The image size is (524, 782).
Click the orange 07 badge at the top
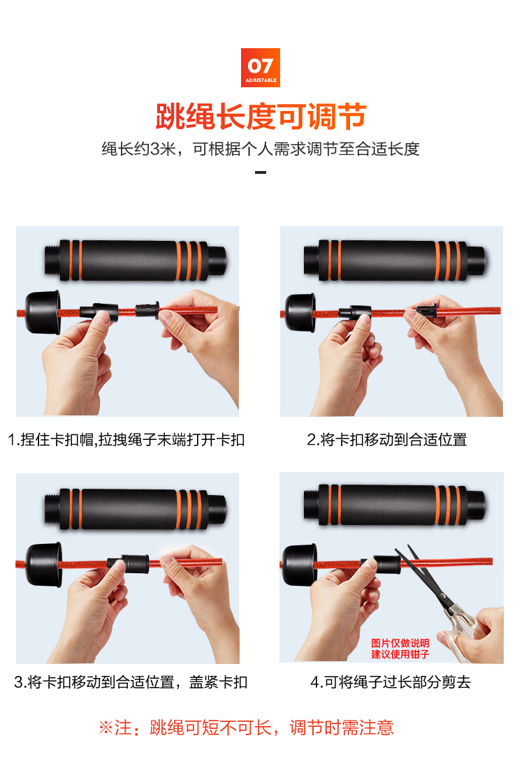click(260, 67)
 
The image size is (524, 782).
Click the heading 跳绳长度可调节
click(261, 116)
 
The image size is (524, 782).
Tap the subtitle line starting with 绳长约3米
click(261, 149)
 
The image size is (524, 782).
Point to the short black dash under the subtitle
click(261, 172)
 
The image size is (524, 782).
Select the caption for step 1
click(126, 440)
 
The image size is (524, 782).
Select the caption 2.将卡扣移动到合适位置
click(387, 440)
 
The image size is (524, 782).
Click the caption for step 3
click(131, 681)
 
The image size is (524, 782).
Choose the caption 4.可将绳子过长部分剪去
click(391, 681)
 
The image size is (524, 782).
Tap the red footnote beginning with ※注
click(246, 728)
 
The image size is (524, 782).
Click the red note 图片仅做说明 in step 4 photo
click(400, 643)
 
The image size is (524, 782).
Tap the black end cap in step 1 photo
click(43, 312)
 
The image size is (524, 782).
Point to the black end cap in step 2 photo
click(300, 313)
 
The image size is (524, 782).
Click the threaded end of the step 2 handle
click(310, 261)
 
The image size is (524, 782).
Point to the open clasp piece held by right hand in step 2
click(426, 311)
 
